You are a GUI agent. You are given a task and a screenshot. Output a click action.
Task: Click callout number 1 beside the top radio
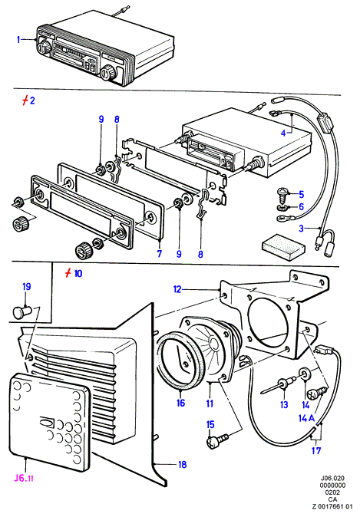pos(18,40)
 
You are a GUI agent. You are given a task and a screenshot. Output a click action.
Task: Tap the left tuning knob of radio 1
pos(44,47)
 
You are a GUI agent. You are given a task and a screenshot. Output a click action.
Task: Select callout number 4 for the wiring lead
pos(283,133)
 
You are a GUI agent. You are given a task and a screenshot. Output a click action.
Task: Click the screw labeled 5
pos(282,195)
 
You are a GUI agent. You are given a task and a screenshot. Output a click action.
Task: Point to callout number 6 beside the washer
pos(301,206)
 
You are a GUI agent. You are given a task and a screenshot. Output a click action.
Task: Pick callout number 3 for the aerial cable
pos(301,228)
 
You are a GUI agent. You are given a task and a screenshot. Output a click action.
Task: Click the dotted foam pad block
pos(282,247)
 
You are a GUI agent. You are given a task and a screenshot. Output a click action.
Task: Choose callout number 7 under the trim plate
pos(160,254)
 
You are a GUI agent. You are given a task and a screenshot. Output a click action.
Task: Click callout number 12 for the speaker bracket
pos(177,289)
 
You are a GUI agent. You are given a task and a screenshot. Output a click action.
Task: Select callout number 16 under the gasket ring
pos(180,403)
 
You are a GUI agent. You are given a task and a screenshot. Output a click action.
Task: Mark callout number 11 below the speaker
pos(210,403)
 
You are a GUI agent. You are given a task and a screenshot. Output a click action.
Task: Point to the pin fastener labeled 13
pos(276,387)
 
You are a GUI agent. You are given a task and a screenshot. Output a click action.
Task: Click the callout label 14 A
pos(306,418)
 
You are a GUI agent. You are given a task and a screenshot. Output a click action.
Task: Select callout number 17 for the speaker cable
pos(316,450)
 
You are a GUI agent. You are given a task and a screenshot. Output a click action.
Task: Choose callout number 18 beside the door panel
pos(182,465)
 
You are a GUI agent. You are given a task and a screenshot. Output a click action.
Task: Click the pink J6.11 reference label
pos(24,478)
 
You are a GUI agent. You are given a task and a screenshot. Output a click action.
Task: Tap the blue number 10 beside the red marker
pos(78,273)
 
